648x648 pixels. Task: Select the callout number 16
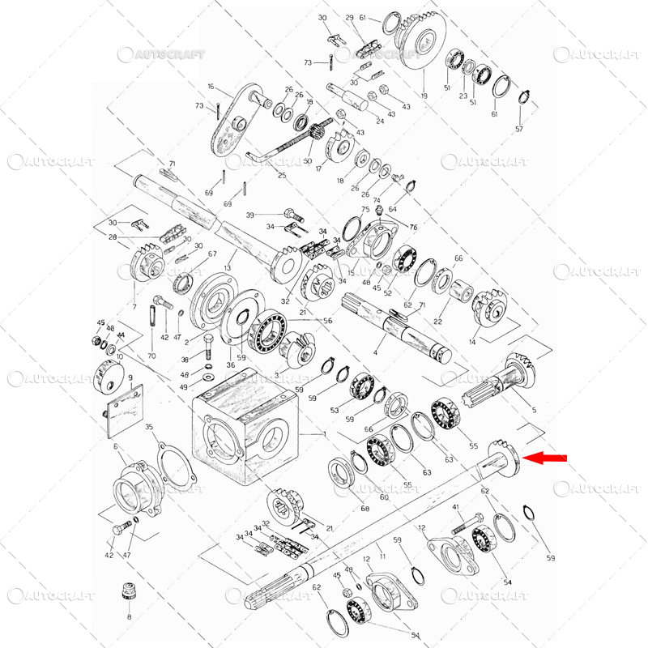click(x=211, y=86)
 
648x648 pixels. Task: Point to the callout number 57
click(x=519, y=130)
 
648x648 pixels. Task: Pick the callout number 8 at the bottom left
click(x=127, y=617)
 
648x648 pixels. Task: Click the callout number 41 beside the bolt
click(x=457, y=507)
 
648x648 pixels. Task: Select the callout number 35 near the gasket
click(x=149, y=427)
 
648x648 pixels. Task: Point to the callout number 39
click(x=250, y=215)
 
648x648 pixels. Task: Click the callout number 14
click(x=472, y=342)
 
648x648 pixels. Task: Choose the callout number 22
click(x=438, y=322)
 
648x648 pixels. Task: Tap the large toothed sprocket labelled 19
click(x=424, y=45)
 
